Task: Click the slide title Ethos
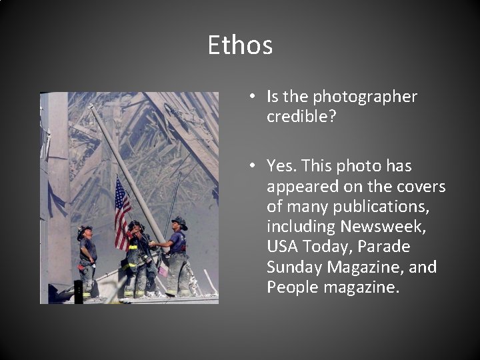240,45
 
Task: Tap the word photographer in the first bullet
365,97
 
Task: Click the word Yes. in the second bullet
281,165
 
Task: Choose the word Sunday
294,268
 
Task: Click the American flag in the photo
122,210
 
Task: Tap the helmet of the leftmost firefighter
84,231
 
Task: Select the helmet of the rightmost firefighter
179,222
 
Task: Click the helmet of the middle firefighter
135,226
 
